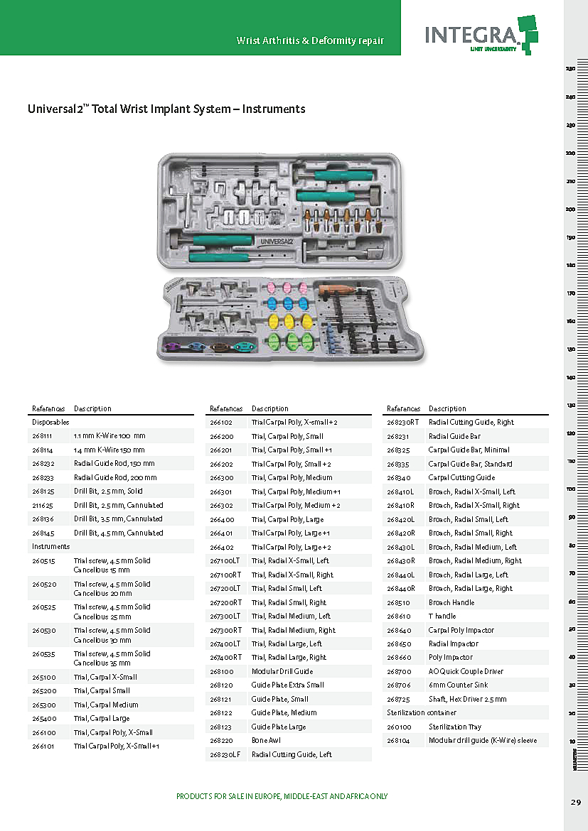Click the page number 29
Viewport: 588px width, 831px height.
[x=575, y=802]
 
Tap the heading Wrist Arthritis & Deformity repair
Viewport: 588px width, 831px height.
[x=310, y=40]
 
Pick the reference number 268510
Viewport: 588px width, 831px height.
[x=398, y=602]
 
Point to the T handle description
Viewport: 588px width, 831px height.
[x=442, y=616]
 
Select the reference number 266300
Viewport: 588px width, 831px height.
[x=222, y=477]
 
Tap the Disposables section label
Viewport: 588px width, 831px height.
[x=50, y=422]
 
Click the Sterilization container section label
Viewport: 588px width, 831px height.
[x=422, y=712]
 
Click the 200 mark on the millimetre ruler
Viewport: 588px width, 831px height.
[x=570, y=209]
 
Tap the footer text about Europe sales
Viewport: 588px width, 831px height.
[x=282, y=796]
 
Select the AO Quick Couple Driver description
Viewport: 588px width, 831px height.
[x=466, y=671]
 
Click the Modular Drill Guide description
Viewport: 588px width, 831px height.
[x=282, y=671]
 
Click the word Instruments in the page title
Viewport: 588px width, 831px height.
[x=273, y=109]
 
